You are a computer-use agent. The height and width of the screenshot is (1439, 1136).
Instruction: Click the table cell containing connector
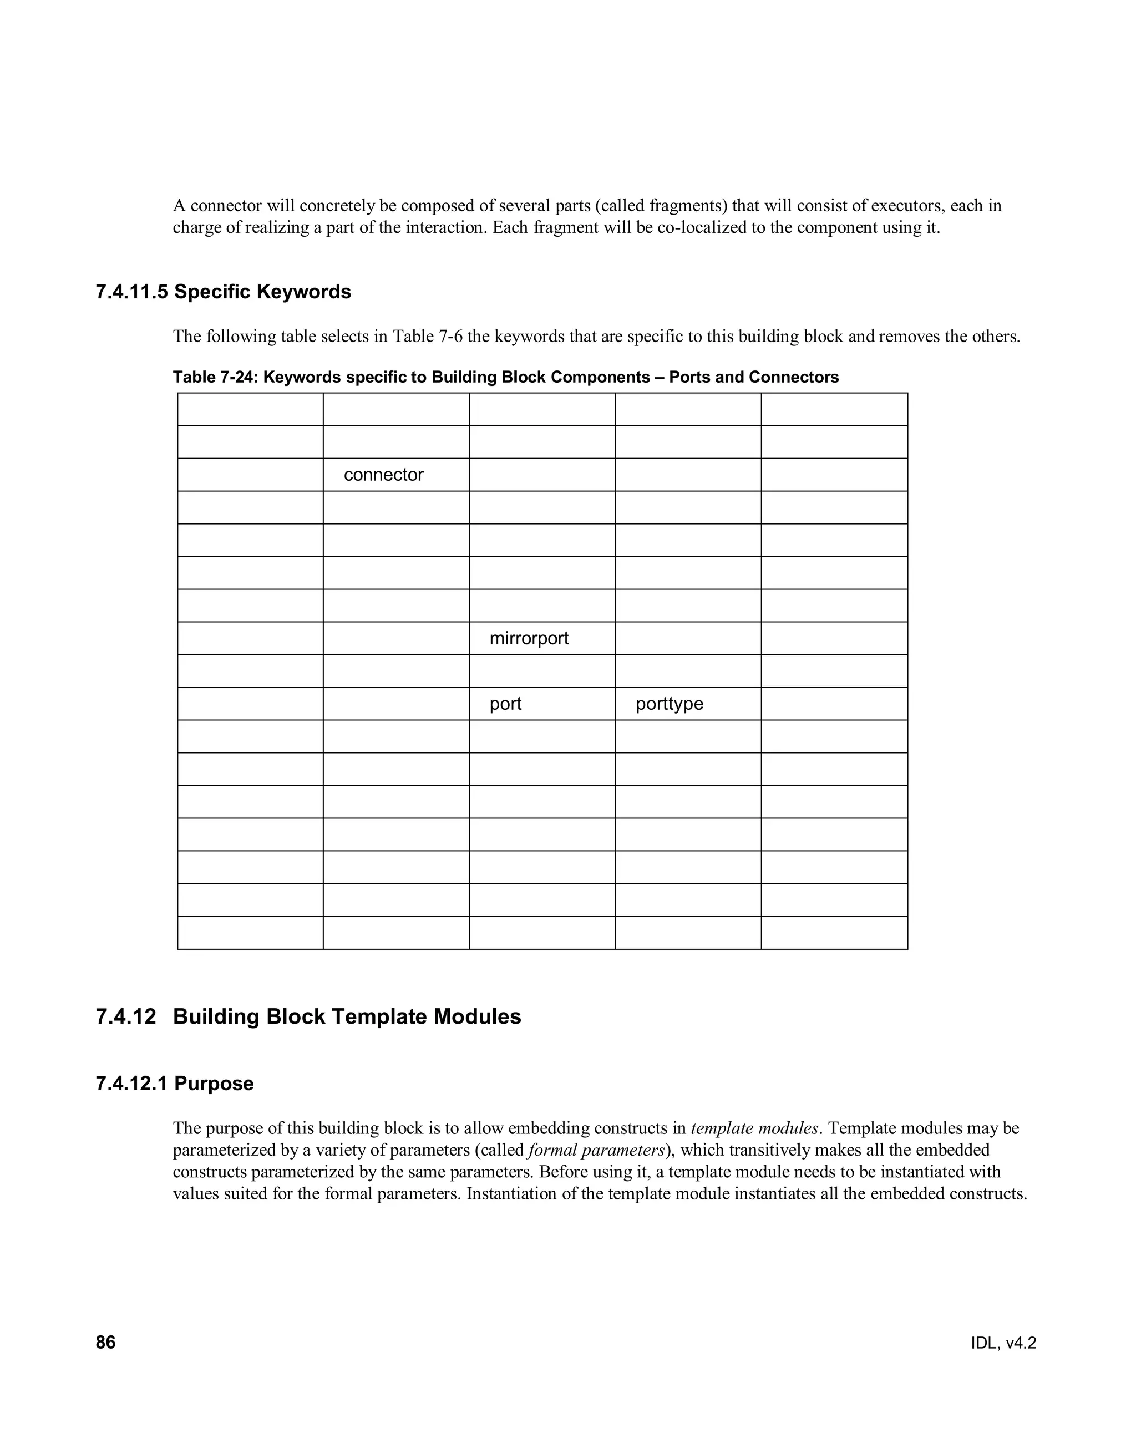coord(384,475)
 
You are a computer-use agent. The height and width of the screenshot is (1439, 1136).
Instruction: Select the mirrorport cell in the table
coord(529,638)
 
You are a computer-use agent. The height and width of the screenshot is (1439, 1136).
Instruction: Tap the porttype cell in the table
coord(669,704)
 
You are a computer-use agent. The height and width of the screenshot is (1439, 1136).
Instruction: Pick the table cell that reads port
coord(505,704)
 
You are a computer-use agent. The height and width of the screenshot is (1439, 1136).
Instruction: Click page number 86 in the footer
coord(106,1343)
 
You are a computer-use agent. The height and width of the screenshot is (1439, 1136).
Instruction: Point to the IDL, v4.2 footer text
coord(1003,1343)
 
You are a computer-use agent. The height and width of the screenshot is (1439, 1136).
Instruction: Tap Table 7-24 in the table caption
coord(214,377)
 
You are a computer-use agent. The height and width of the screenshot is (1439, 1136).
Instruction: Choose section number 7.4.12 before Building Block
coord(126,1017)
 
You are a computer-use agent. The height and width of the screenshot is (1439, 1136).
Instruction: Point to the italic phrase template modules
coord(755,1128)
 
